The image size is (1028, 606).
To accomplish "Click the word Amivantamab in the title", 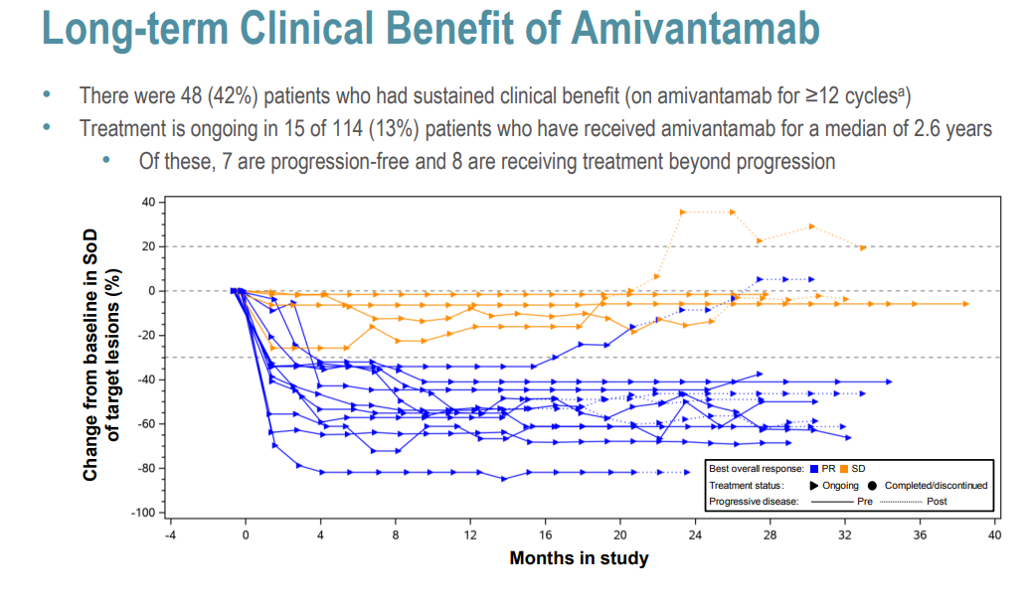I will point(695,29).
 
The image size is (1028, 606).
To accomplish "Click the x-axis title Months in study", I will point(579,558).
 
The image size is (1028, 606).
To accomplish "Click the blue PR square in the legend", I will point(815,468).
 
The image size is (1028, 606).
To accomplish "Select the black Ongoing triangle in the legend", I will point(813,485).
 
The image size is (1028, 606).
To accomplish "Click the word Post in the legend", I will point(936,502).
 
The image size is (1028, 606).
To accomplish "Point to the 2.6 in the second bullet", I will point(936,129).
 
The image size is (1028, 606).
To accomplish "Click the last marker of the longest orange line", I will point(964,304).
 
